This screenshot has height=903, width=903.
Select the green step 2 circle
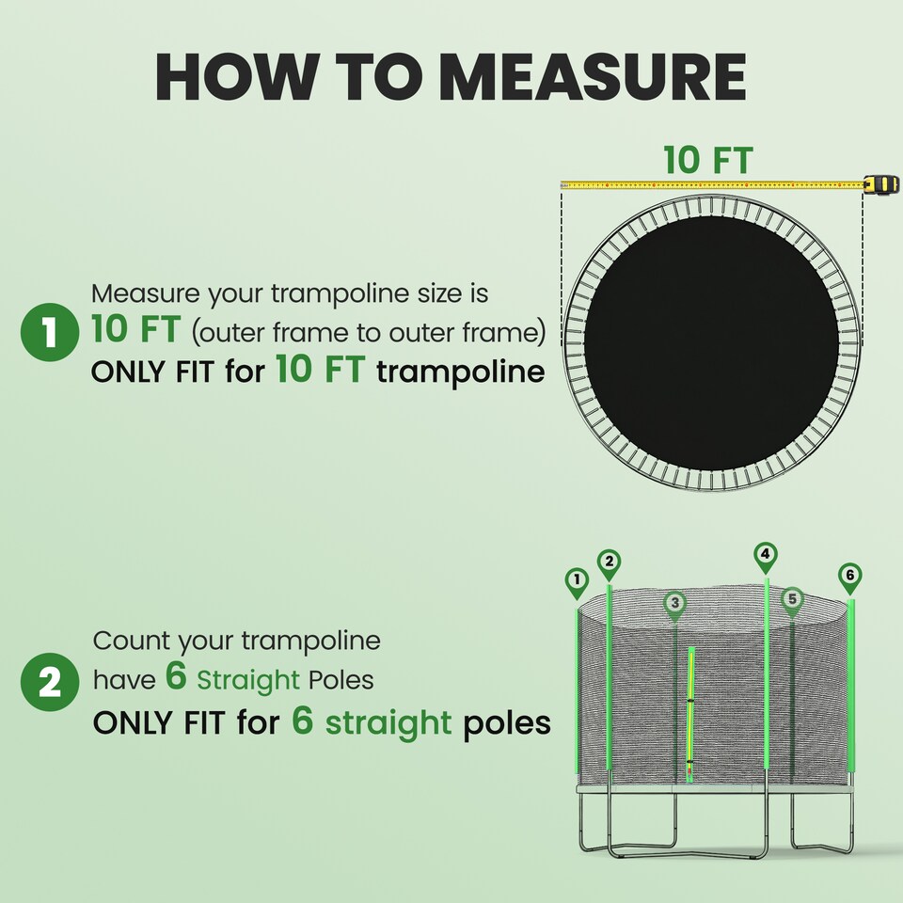tap(48, 682)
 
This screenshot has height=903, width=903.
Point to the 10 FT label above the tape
tap(707, 160)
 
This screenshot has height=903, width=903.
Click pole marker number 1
tap(577, 581)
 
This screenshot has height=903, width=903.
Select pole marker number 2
tap(610, 562)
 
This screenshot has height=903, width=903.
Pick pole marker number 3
tap(674, 603)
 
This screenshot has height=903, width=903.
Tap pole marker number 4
tap(766, 555)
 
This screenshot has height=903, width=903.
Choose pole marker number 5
tap(792, 598)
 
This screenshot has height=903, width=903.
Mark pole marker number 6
tap(850, 575)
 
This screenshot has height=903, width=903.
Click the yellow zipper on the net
tap(691, 705)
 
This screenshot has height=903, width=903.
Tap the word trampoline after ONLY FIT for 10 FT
tap(460, 372)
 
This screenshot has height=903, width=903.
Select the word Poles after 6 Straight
tap(341, 679)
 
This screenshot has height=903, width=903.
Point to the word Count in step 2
tap(133, 642)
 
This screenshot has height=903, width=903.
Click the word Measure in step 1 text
tap(145, 293)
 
